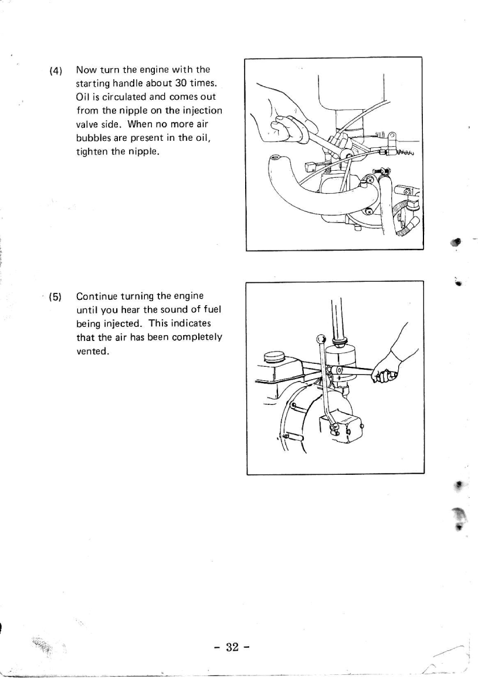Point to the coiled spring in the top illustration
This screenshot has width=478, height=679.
point(405,154)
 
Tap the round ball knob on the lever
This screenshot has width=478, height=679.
point(320,339)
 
